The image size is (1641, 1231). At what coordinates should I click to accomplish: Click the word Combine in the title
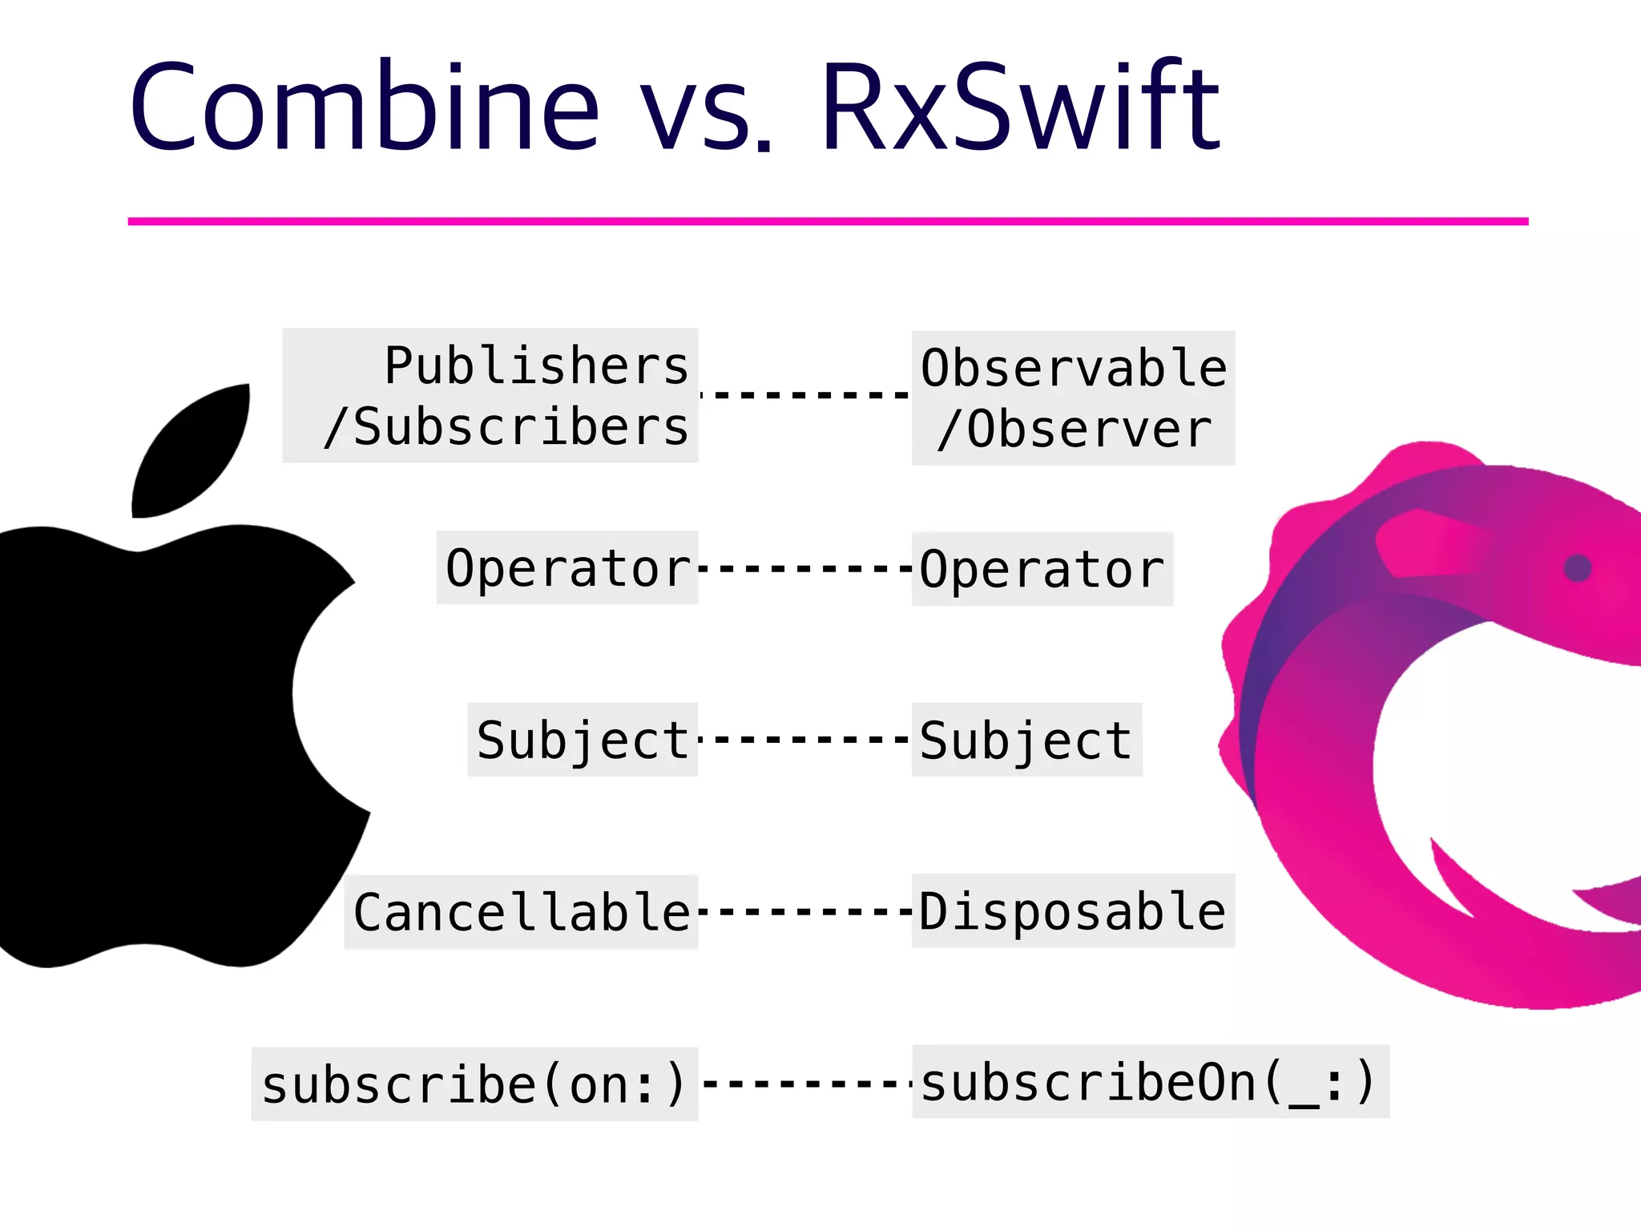point(365,107)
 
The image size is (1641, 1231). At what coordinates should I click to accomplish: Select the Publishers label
point(536,365)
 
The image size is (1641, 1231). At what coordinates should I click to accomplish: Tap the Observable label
point(1073,368)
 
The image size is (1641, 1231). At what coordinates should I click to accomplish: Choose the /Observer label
point(1074,430)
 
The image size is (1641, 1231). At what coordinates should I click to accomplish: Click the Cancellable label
point(522,912)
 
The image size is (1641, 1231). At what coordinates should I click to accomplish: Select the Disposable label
point(1072,911)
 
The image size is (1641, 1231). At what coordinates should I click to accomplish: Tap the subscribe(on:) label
point(474,1084)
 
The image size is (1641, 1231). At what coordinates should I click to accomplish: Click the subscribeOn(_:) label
point(1149,1082)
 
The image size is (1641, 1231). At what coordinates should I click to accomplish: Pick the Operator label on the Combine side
point(567,568)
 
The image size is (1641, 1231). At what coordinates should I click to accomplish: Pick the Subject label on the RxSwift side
point(1026,740)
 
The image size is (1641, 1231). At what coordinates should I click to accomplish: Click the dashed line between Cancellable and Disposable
point(805,911)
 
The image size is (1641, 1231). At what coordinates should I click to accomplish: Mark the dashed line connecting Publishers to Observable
point(805,394)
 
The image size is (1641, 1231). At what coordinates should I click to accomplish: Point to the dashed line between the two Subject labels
point(805,739)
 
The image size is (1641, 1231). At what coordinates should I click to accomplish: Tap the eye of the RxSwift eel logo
point(1577,568)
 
